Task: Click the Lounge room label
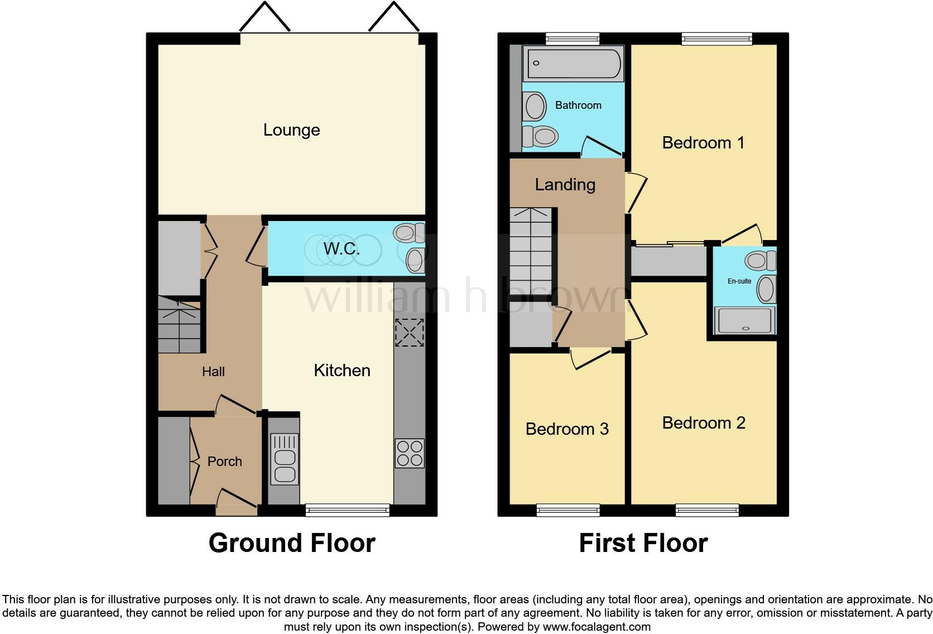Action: point(291,130)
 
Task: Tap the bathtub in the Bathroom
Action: point(573,64)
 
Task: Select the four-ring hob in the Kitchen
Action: point(410,453)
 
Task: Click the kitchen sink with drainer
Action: point(285,459)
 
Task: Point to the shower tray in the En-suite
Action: point(745,320)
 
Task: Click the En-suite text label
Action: point(739,281)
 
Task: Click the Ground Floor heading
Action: point(291,543)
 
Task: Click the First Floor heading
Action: point(643,543)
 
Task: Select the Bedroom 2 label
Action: point(703,423)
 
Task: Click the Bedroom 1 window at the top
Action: point(716,39)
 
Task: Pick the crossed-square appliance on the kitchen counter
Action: point(409,333)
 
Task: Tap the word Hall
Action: point(213,372)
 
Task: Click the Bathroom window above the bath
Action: point(572,39)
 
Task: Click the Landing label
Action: point(565,185)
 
